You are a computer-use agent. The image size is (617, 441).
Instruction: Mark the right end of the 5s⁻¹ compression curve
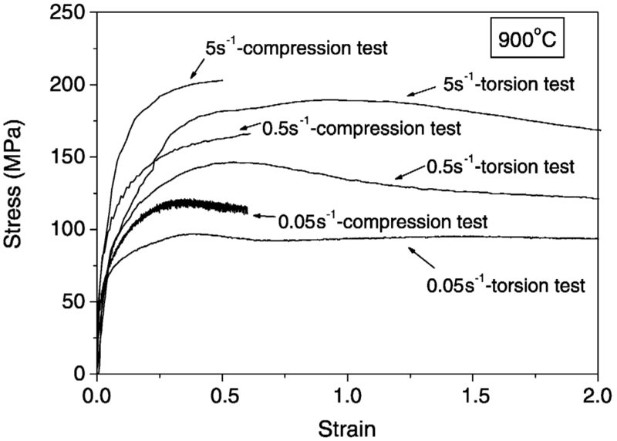222,80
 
